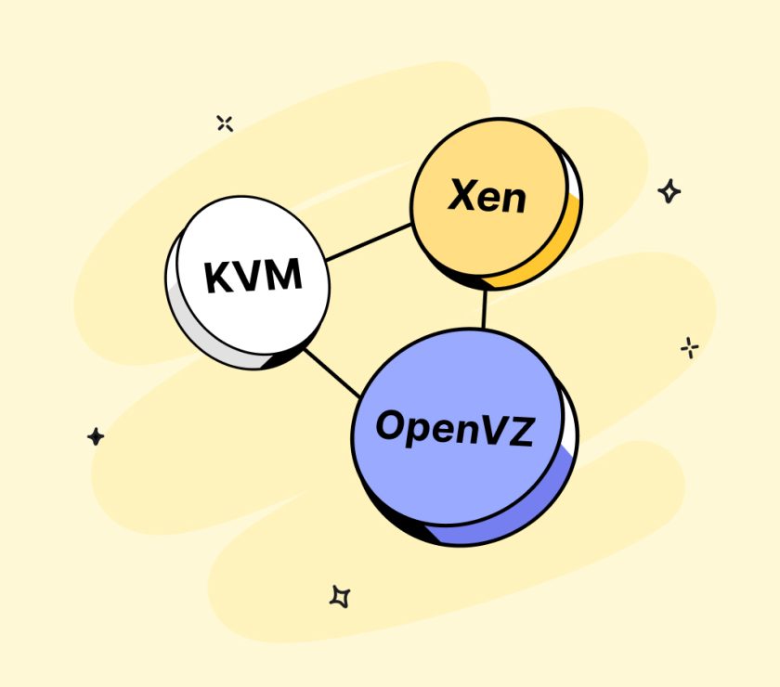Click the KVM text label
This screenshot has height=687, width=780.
click(x=253, y=276)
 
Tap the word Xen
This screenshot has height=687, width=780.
click(x=487, y=197)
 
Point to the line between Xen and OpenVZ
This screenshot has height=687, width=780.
click(x=484, y=307)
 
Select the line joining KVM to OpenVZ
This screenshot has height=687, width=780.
click(x=331, y=373)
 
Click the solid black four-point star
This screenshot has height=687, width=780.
click(x=96, y=436)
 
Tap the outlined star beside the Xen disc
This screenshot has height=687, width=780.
click(x=669, y=191)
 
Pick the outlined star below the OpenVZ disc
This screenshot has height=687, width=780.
click(x=340, y=596)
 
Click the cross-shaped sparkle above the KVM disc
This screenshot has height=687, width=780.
click(x=224, y=123)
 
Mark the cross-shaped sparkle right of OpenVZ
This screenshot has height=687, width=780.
click(x=689, y=347)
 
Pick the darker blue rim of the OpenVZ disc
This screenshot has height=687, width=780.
click(x=539, y=520)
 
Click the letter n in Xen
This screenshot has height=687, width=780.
click(x=513, y=200)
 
